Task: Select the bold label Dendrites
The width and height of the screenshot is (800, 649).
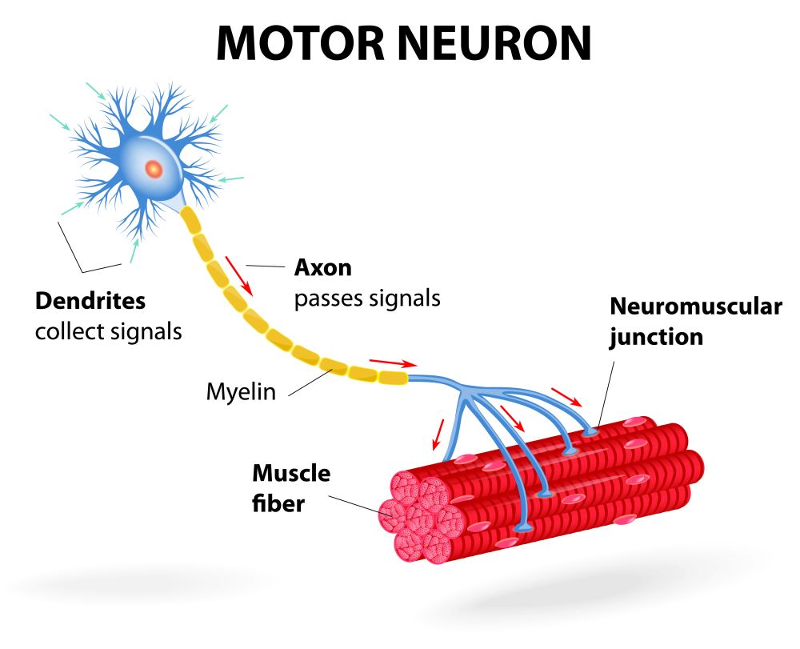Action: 90,301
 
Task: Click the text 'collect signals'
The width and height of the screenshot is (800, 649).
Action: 108,330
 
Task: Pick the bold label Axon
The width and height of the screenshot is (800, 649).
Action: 323,266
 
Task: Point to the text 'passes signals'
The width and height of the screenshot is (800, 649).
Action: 367,298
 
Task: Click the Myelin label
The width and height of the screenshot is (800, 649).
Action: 241,392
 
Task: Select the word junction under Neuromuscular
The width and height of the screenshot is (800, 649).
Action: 656,337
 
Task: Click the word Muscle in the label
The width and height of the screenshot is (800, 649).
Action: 291,473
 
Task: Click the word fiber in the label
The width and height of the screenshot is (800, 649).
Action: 278,504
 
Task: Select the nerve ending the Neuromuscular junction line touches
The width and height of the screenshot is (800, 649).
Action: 592,431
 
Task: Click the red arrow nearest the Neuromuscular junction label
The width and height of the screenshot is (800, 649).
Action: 566,397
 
